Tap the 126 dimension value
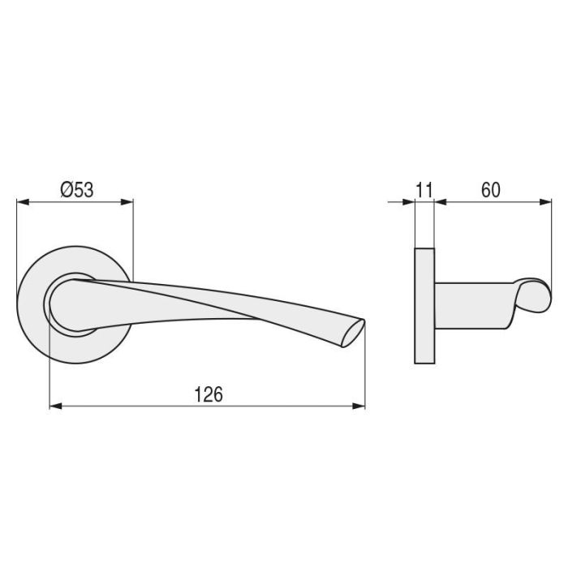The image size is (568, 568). coord(209,394)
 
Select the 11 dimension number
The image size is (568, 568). coord(424,190)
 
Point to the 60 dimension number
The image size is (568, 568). coord(490,190)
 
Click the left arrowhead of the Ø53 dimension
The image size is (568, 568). coord(22,203)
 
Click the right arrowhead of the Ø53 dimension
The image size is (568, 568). coord(127,203)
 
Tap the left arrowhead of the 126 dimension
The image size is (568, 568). coord(55,407)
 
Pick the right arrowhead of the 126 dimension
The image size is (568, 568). coord(359,407)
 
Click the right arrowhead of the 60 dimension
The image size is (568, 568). coord(537,203)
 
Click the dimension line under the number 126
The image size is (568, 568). coord(209,407)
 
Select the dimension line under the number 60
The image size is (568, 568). coord(490,203)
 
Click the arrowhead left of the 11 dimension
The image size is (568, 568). coord(408,203)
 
